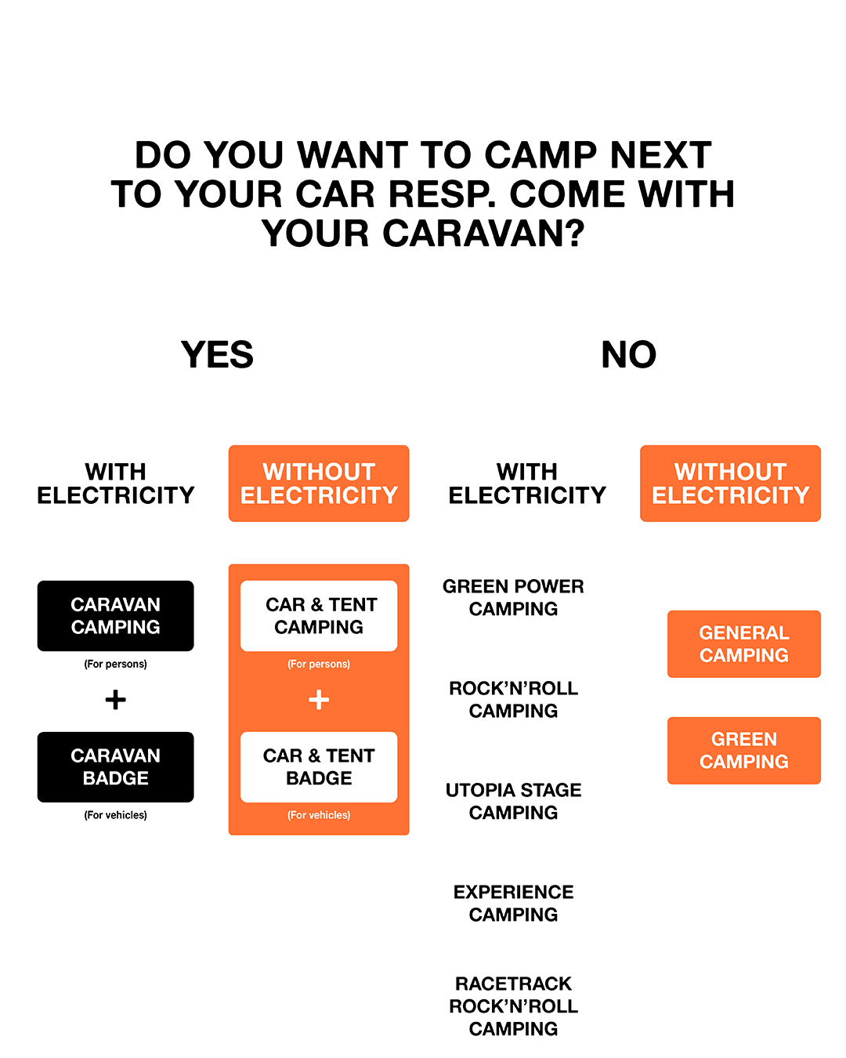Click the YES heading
coord(217,355)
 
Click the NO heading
coord(628,355)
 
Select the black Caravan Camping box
coord(115,616)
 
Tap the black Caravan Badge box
coord(115,767)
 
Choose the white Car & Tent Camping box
coord(319,616)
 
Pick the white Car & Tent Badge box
coord(319,767)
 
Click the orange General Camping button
coord(743,644)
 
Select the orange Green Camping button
coord(743,751)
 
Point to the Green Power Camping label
coord(513,598)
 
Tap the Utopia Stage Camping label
coord(513,802)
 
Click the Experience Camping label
coord(513,904)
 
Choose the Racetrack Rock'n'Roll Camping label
coord(513,1006)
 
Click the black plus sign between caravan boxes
coord(115,700)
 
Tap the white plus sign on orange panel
coord(319,700)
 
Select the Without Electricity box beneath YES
coord(319,484)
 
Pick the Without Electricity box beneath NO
coord(730,484)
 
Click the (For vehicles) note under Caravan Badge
coord(115,815)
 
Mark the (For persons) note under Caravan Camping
coord(115,664)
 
